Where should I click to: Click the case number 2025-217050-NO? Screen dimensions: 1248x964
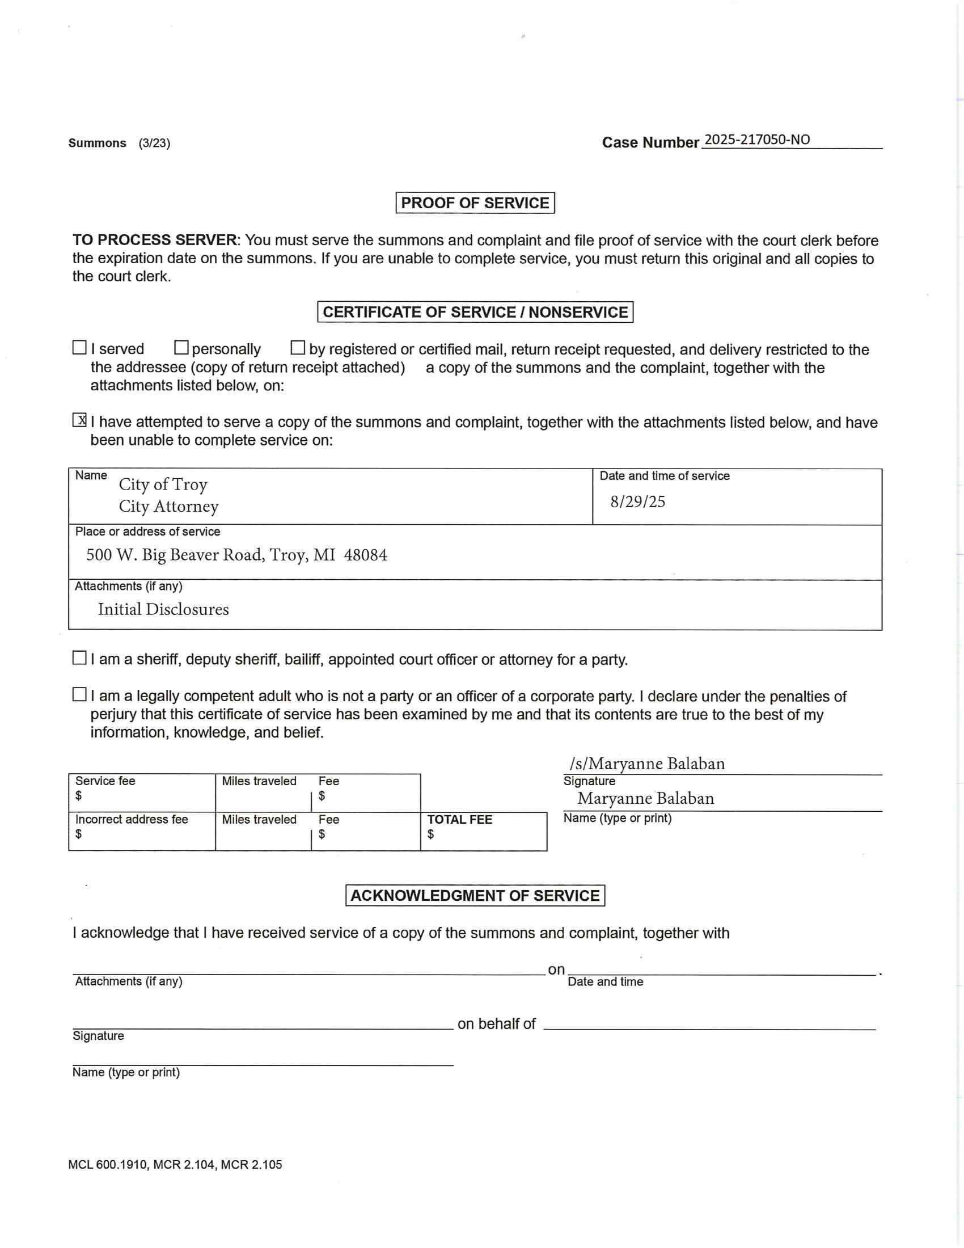(756, 140)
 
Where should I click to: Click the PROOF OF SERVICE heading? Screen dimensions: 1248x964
(475, 203)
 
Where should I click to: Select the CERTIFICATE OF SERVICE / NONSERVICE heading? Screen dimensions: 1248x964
(475, 312)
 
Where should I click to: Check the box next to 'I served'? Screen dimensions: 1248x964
(79, 347)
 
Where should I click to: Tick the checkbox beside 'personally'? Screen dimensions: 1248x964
(181, 347)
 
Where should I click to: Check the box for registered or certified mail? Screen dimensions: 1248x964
(298, 347)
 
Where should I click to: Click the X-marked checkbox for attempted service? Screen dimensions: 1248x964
(79, 420)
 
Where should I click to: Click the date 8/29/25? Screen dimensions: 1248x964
(637, 501)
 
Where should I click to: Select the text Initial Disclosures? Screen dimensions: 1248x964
(163, 609)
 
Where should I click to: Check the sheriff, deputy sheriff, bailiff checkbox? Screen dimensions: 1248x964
(79, 658)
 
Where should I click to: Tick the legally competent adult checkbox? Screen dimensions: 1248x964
(79, 695)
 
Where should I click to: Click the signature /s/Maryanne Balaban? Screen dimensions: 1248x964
(647, 764)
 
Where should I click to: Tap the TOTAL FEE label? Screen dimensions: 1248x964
(460, 820)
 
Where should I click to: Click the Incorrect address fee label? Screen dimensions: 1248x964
(132, 820)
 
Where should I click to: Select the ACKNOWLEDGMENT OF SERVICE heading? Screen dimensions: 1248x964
(475, 895)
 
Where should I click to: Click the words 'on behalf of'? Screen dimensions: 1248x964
(496, 1023)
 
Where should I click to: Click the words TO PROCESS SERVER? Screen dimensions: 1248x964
(154, 240)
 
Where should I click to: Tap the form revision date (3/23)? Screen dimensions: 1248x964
(154, 143)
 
